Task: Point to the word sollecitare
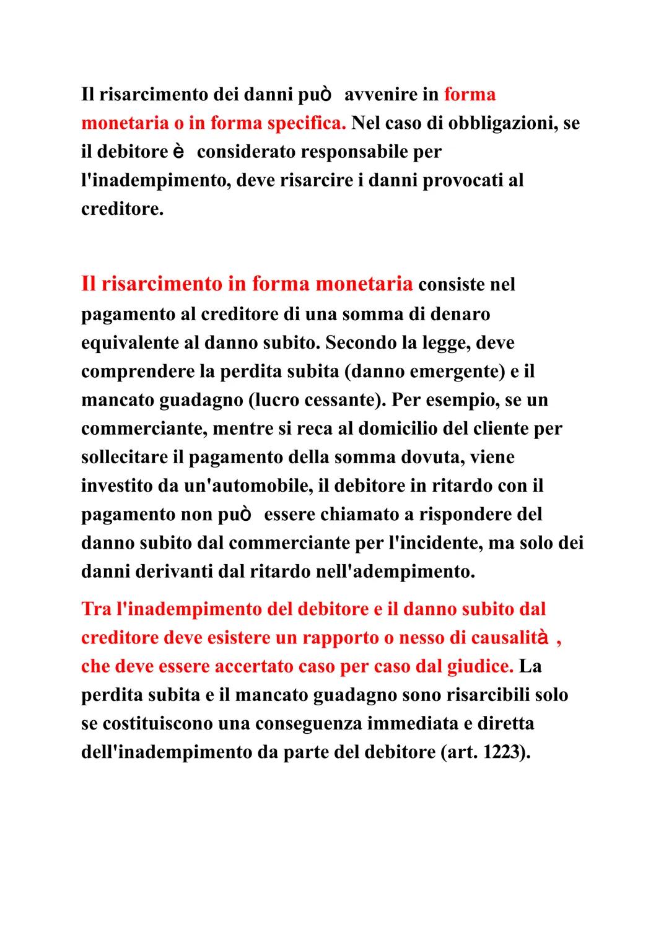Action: (x=132, y=457)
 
